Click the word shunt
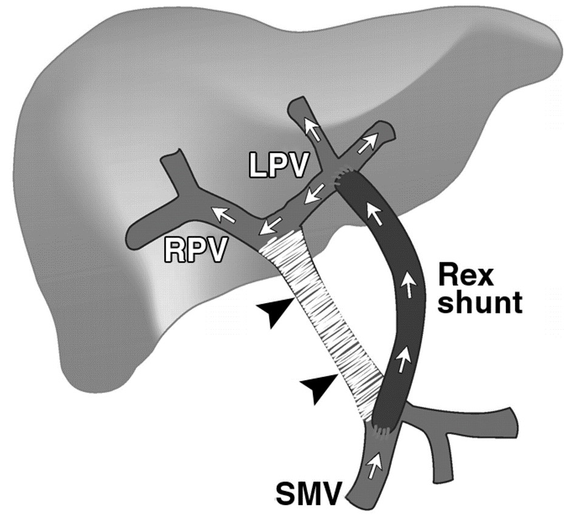pos(480,303)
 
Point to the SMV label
pos(308,494)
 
